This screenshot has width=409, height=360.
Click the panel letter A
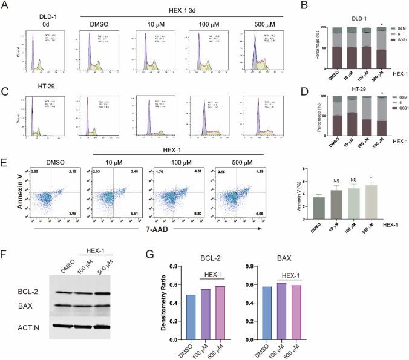(x=6, y=7)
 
